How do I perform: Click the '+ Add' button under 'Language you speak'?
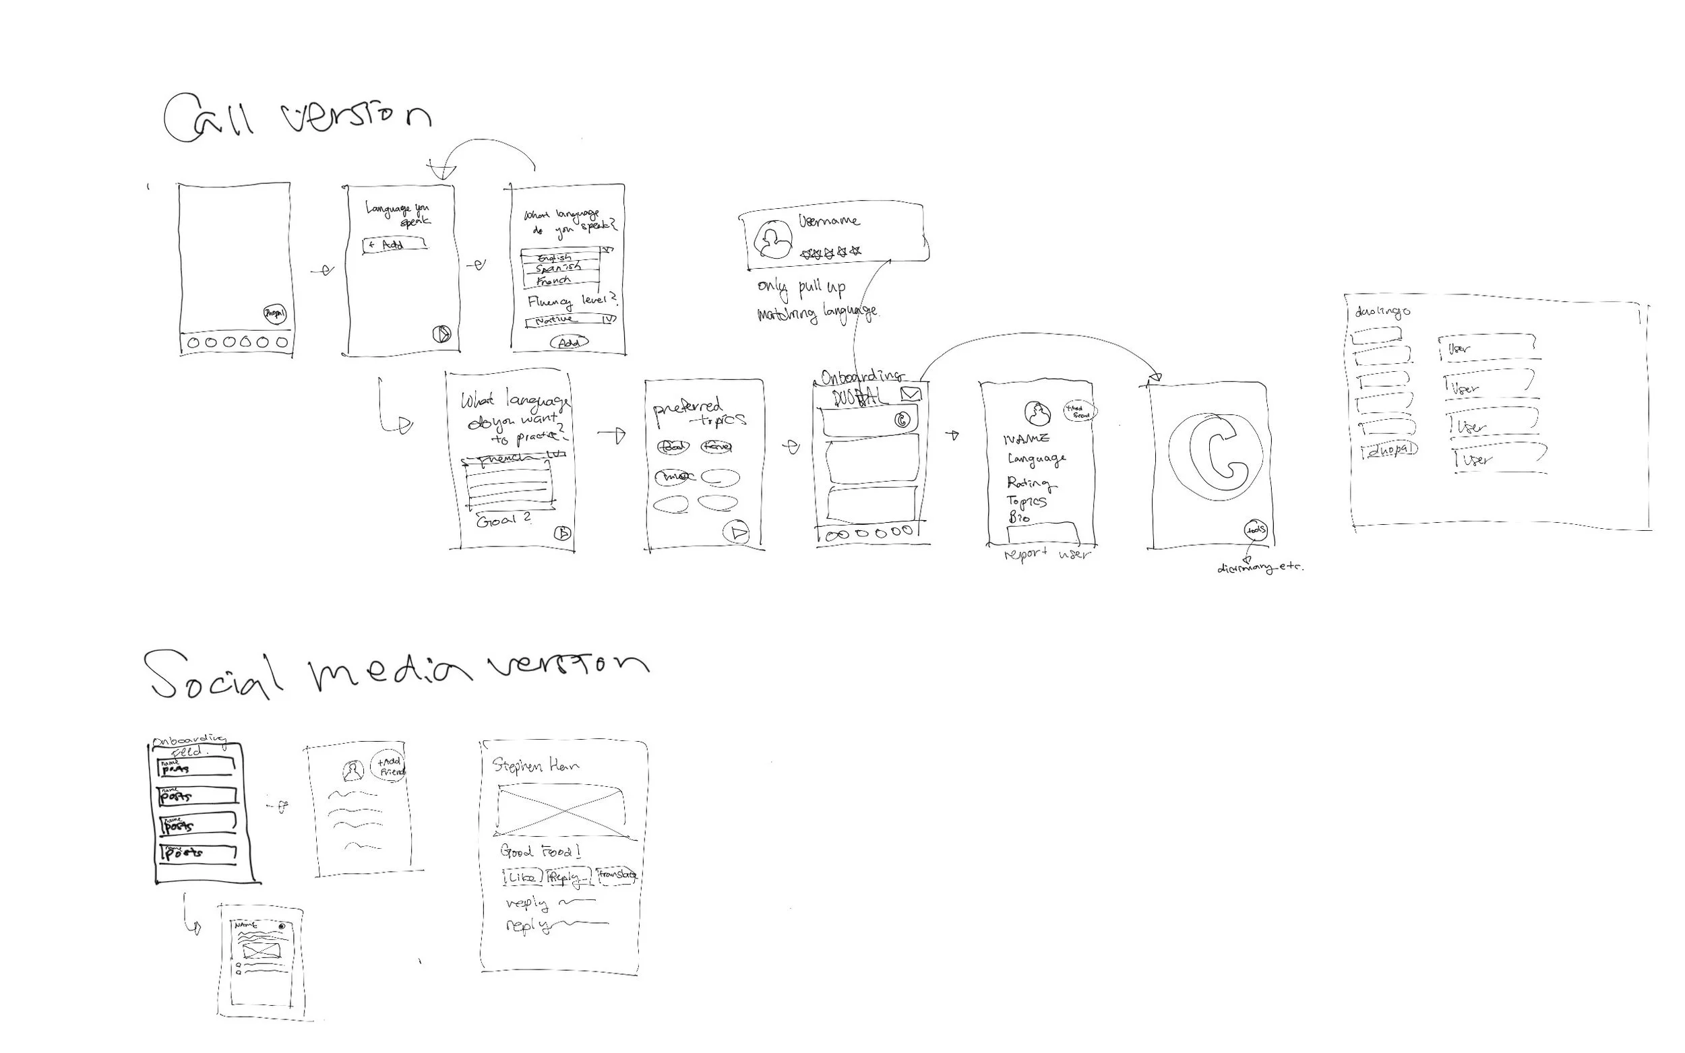click(x=394, y=245)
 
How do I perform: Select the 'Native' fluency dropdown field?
click(x=570, y=319)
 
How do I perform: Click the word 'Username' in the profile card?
click(x=829, y=222)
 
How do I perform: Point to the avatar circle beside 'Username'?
click(x=773, y=240)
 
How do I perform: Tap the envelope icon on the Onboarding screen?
click(x=911, y=394)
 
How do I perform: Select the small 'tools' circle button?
click(x=1256, y=530)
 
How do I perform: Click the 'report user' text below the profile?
click(x=1047, y=555)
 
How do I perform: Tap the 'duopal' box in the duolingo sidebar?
click(x=1390, y=451)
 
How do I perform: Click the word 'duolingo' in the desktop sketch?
click(x=1382, y=311)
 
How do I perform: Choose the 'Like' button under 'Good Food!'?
click(x=520, y=877)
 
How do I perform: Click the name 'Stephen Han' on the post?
click(x=535, y=766)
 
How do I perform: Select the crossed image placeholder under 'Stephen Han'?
click(x=561, y=810)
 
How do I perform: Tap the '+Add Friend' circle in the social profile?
click(x=389, y=766)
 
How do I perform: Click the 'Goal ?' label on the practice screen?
click(x=503, y=520)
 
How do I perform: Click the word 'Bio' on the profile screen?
click(x=1018, y=517)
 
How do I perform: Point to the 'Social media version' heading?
click(x=397, y=672)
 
